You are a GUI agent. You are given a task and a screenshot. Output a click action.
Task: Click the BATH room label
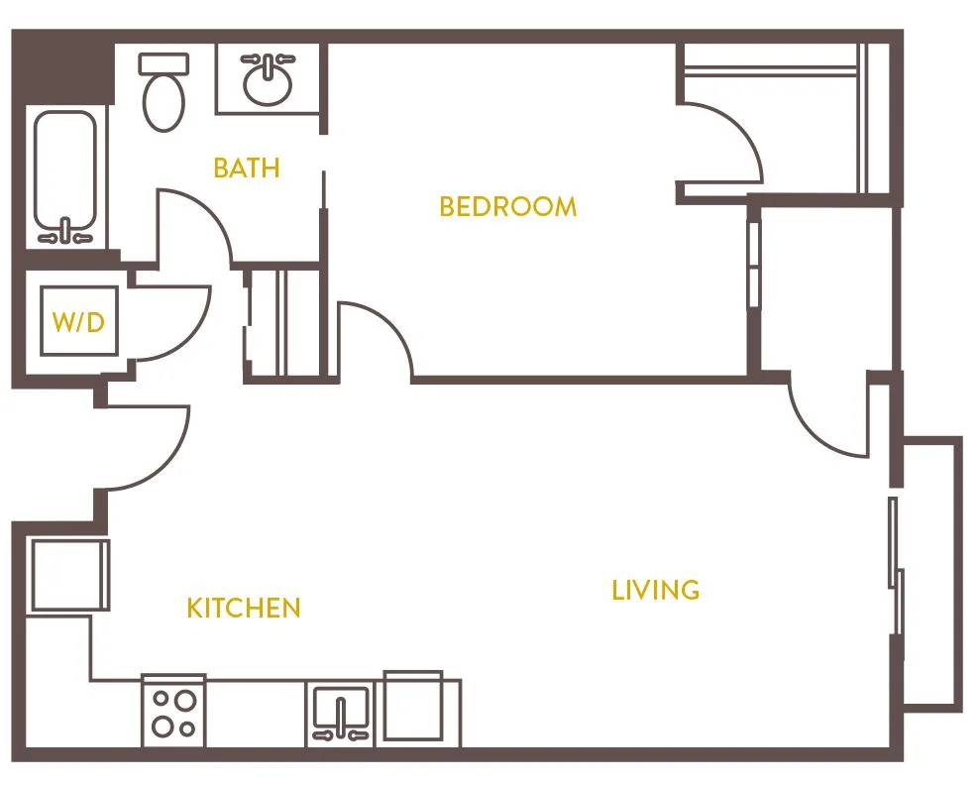coord(247,168)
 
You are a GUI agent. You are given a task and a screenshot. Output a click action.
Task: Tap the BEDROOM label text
coord(507,206)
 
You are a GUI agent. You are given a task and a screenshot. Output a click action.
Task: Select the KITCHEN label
coord(243,608)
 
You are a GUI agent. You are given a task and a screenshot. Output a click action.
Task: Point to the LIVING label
coord(655,591)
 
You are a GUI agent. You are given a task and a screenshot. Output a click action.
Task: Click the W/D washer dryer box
coord(78,322)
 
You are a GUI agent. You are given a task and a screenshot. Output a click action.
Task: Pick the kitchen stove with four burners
coord(173,711)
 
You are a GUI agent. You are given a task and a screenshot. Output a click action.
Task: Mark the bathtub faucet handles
coord(65,234)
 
